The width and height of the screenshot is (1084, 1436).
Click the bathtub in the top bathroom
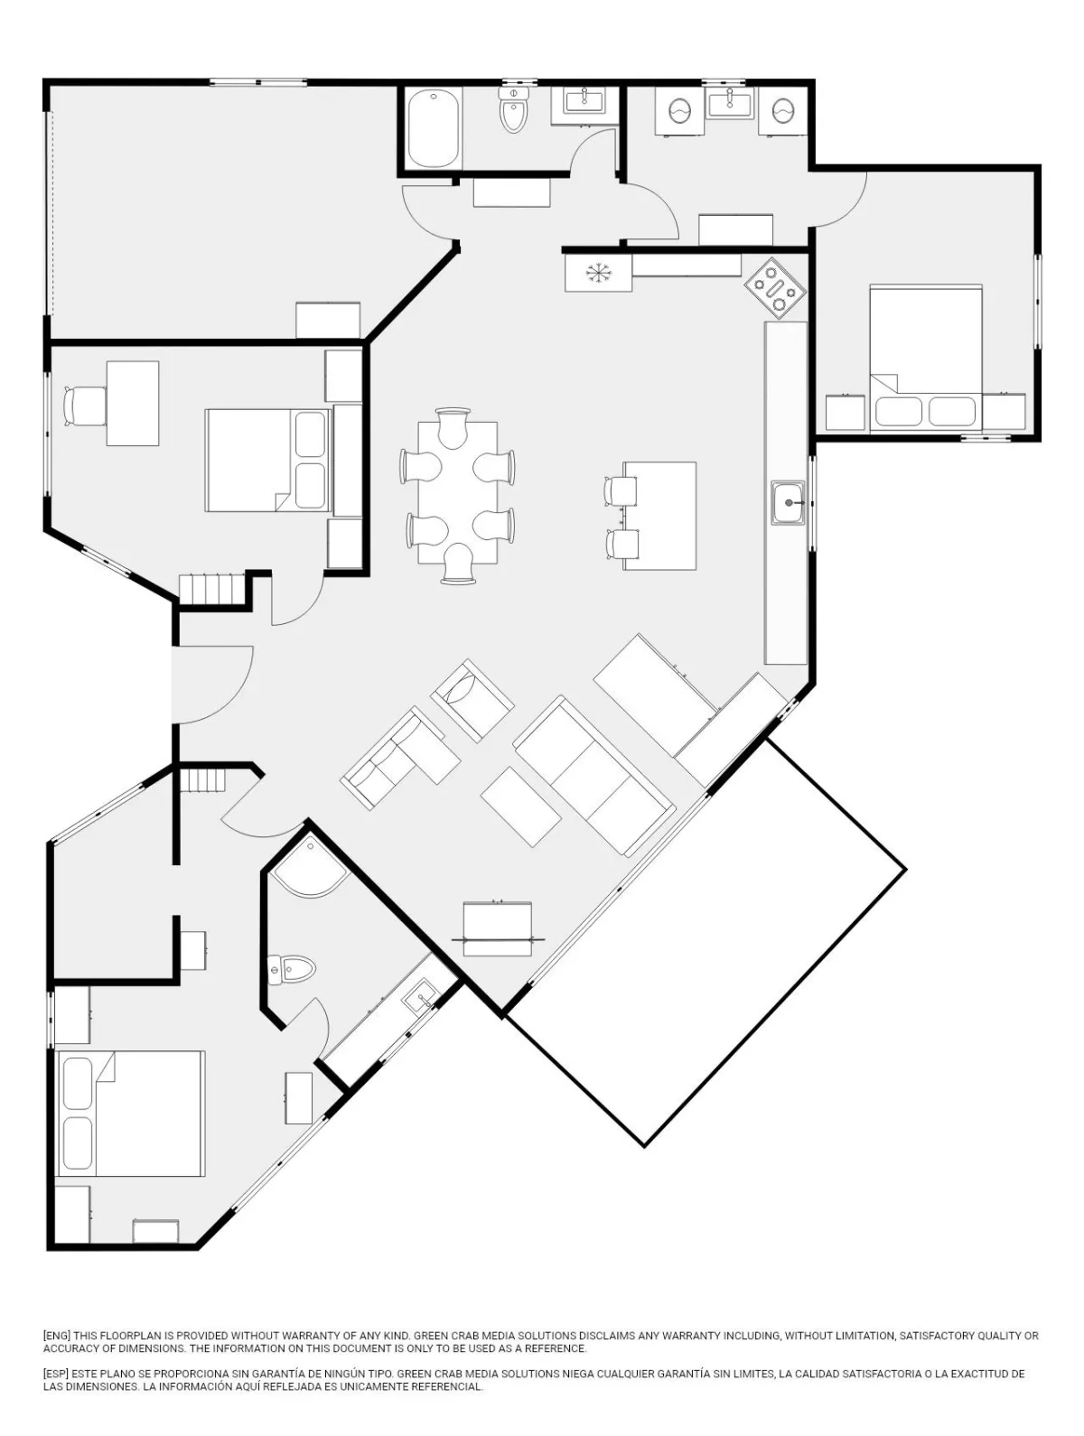[434, 128]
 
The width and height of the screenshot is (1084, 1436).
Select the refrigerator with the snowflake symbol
[598, 273]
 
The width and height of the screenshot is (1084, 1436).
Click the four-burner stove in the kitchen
[774, 284]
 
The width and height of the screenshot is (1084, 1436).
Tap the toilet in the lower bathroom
[292, 968]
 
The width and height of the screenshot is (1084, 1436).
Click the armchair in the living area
[472, 700]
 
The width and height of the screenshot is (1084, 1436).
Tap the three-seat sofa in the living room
[594, 775]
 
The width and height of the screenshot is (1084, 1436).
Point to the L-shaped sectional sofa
[400, 758]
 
